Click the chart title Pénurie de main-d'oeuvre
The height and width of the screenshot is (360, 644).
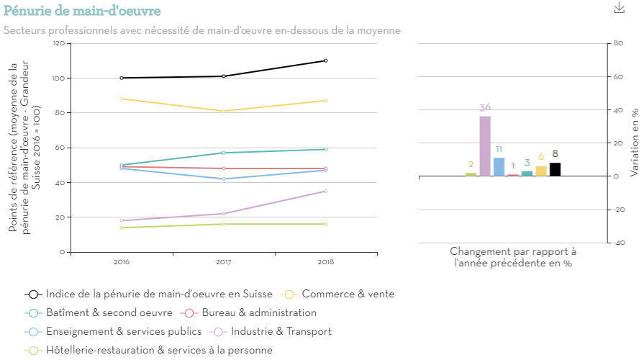(x=82, y=11)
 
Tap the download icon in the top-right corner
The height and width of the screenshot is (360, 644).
(x=619, y=8)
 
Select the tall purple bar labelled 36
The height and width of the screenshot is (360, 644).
(x=485, y=146)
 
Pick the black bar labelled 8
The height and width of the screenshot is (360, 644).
(x=555, y=169)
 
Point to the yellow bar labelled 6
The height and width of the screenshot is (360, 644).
(x=541, y=171)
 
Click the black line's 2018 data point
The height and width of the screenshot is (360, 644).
(x=326, y=60)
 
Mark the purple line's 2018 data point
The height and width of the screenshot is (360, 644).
(x=326, y=191)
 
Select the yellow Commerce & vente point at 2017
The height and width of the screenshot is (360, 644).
(x=224, y=111)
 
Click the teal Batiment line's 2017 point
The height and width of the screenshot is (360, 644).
(x=224, y=153)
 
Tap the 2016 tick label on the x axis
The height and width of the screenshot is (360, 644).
(x=122, y=261)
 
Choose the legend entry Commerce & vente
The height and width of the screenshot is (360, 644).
(x=348, y=294)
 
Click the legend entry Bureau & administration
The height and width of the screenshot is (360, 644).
(x=258, y=312)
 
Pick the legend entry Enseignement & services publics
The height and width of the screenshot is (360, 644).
(x=123, y=331)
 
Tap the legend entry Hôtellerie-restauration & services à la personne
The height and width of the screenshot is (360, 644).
(x=159, y=350)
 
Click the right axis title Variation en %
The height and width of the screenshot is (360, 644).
(x=634, y=143)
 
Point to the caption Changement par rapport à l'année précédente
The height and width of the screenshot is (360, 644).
(x=513, y=258)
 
